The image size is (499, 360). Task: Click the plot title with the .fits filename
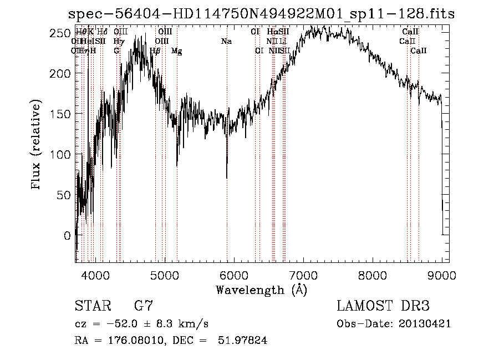tap(261, 13)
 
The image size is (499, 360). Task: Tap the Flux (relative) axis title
tap(37, 146)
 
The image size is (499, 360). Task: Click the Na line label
tap(226, 42)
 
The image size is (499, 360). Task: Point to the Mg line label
tap(177, 51)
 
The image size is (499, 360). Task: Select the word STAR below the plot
tap(92, 306)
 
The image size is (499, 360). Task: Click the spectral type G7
tap(144, 306)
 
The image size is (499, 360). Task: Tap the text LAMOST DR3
tap(383, 306)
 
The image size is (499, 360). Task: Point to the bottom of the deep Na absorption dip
tap(227, 178)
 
